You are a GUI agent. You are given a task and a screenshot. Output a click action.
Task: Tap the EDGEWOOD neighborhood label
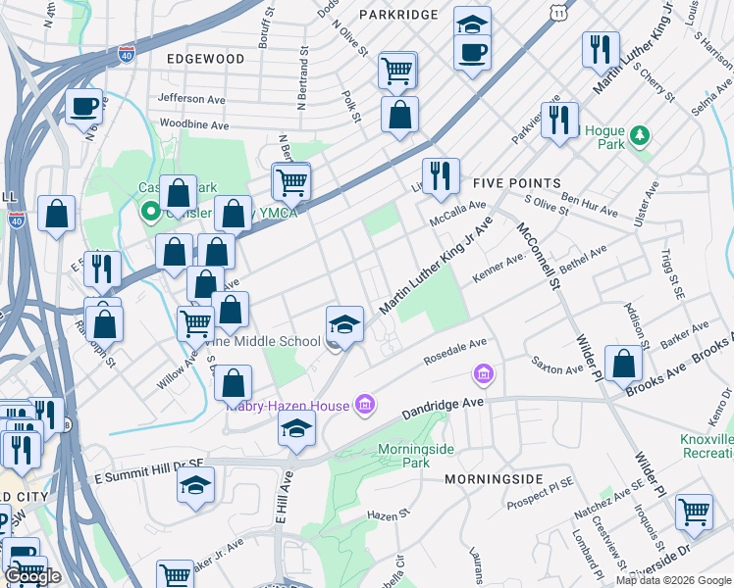pos(205,59)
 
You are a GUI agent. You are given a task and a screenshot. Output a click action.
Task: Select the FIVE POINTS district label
pos(516,183)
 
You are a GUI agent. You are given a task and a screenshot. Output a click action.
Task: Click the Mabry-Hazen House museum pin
pos(364,405)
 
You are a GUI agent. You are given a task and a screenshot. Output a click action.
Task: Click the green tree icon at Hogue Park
pos(640,133)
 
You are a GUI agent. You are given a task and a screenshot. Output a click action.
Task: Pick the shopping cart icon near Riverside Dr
pos(694,511)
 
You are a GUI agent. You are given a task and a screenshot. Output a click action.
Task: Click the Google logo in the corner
pos(33,576)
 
